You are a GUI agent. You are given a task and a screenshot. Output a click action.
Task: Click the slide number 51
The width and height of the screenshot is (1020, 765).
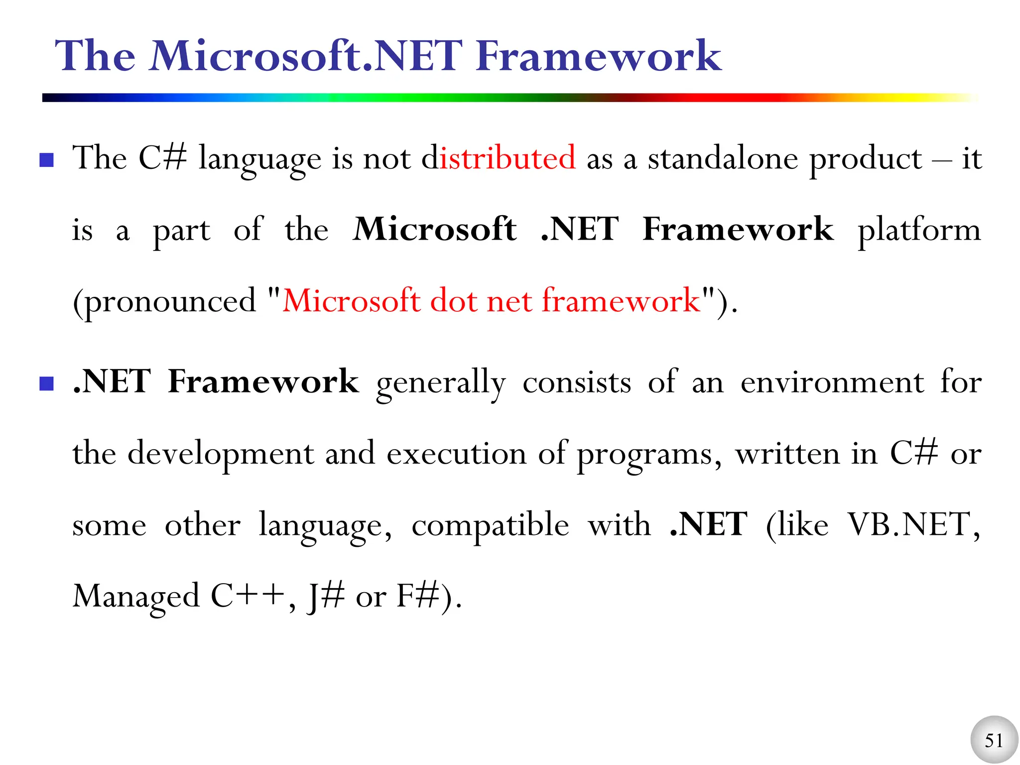[x=994, y=740]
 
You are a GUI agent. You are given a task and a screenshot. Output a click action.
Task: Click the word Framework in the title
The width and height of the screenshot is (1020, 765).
[x=598, y=56]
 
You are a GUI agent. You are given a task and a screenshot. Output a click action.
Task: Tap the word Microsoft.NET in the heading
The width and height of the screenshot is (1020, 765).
[x=307, y=56]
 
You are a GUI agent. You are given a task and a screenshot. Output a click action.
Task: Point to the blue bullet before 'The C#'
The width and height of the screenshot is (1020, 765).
[x=47, y=160]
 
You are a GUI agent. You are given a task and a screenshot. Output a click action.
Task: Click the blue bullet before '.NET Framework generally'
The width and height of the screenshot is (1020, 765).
[x=47, y=383]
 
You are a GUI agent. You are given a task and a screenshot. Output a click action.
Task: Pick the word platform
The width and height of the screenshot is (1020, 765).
[x=919, y=230]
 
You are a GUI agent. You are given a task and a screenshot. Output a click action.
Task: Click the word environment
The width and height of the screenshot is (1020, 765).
[x=832, y=382]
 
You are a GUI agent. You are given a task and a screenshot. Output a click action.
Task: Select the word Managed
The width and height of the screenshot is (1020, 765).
[x=136, y=597]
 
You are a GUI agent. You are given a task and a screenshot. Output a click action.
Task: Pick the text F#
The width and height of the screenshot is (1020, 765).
[x=418, y=597]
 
